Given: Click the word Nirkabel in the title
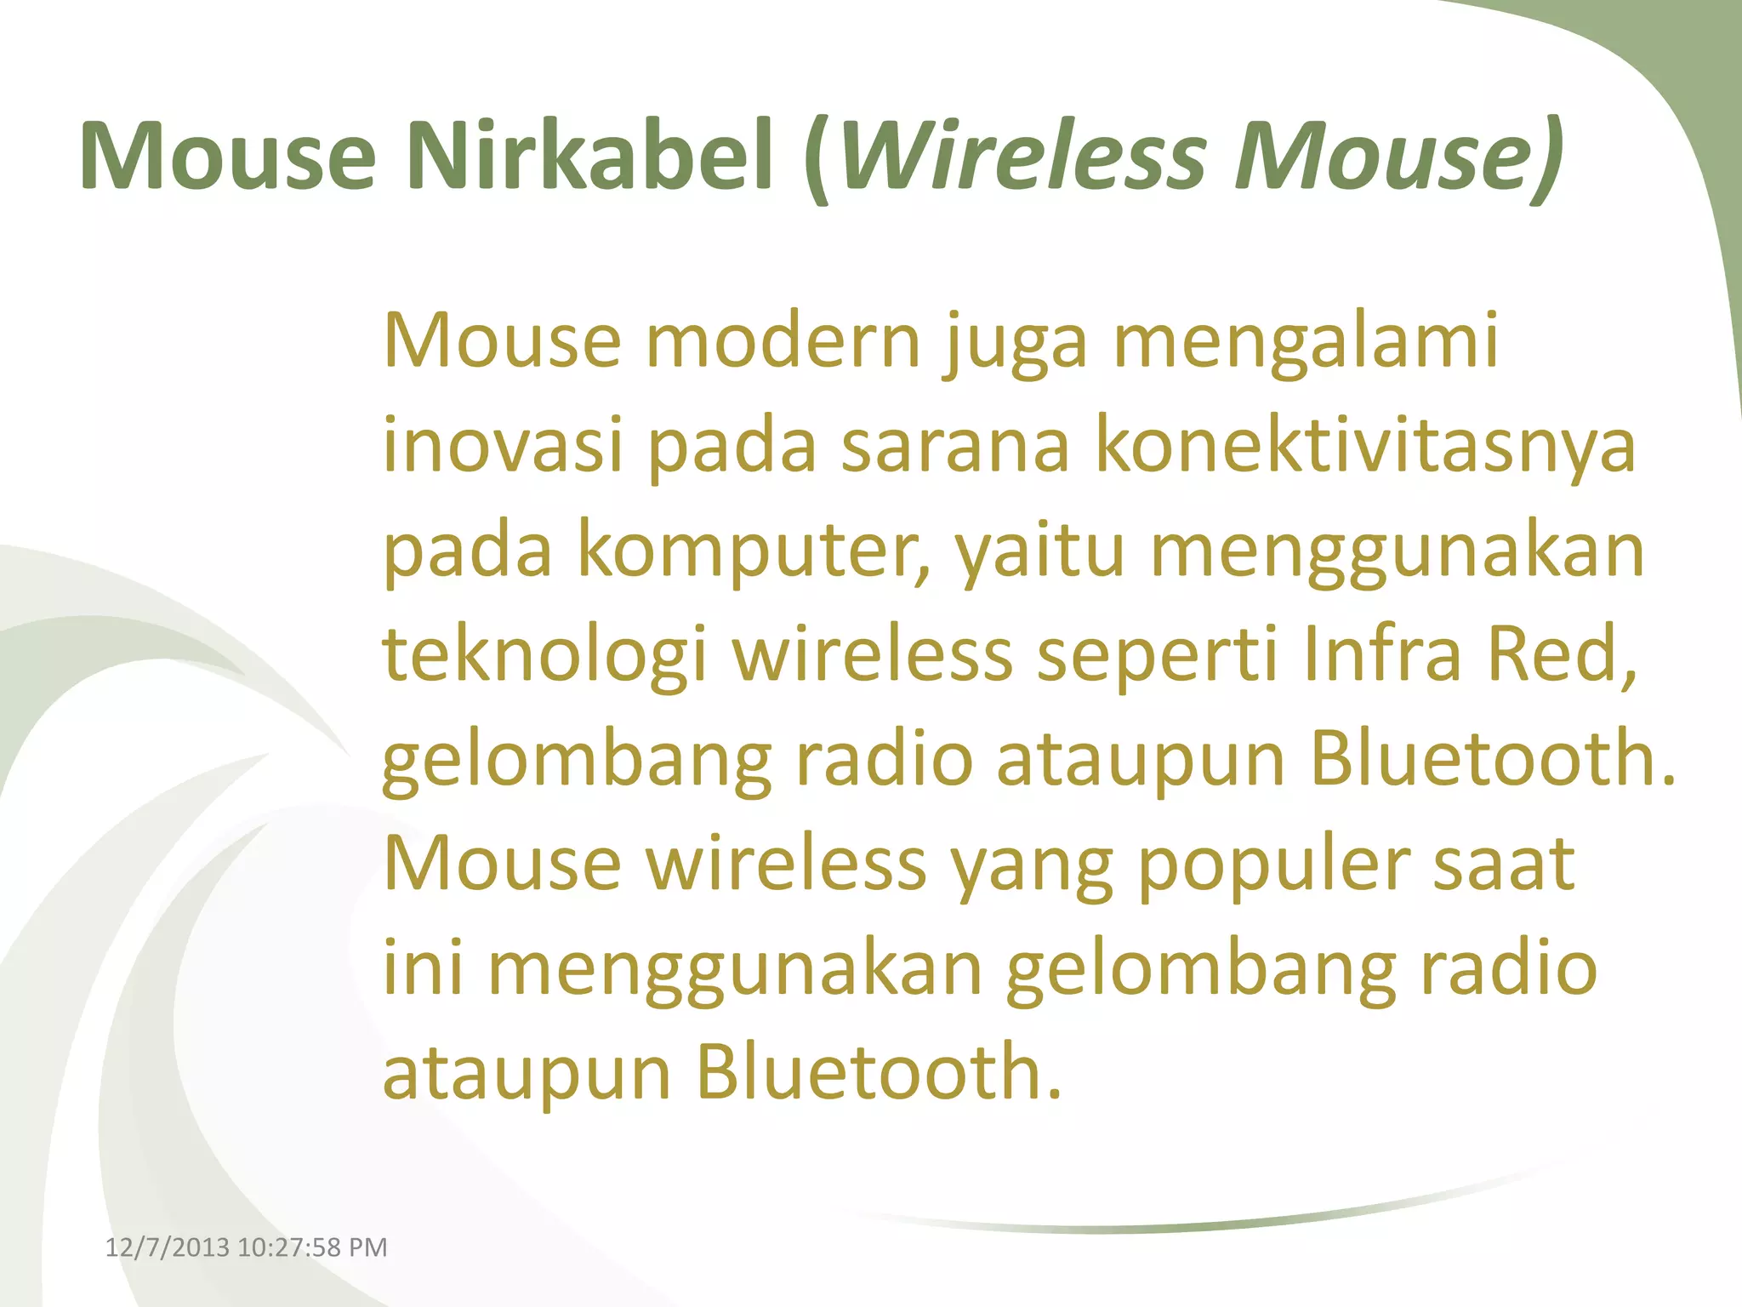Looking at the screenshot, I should coord(590,157).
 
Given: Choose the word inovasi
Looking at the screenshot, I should coord(503,446).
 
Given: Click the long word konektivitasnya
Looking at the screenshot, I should coord(1366,446).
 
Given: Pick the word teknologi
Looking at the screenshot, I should coord(544,655).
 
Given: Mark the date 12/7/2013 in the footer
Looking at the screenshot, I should coord(167,1247).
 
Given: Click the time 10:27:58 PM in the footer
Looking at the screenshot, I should coord(312,1247).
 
